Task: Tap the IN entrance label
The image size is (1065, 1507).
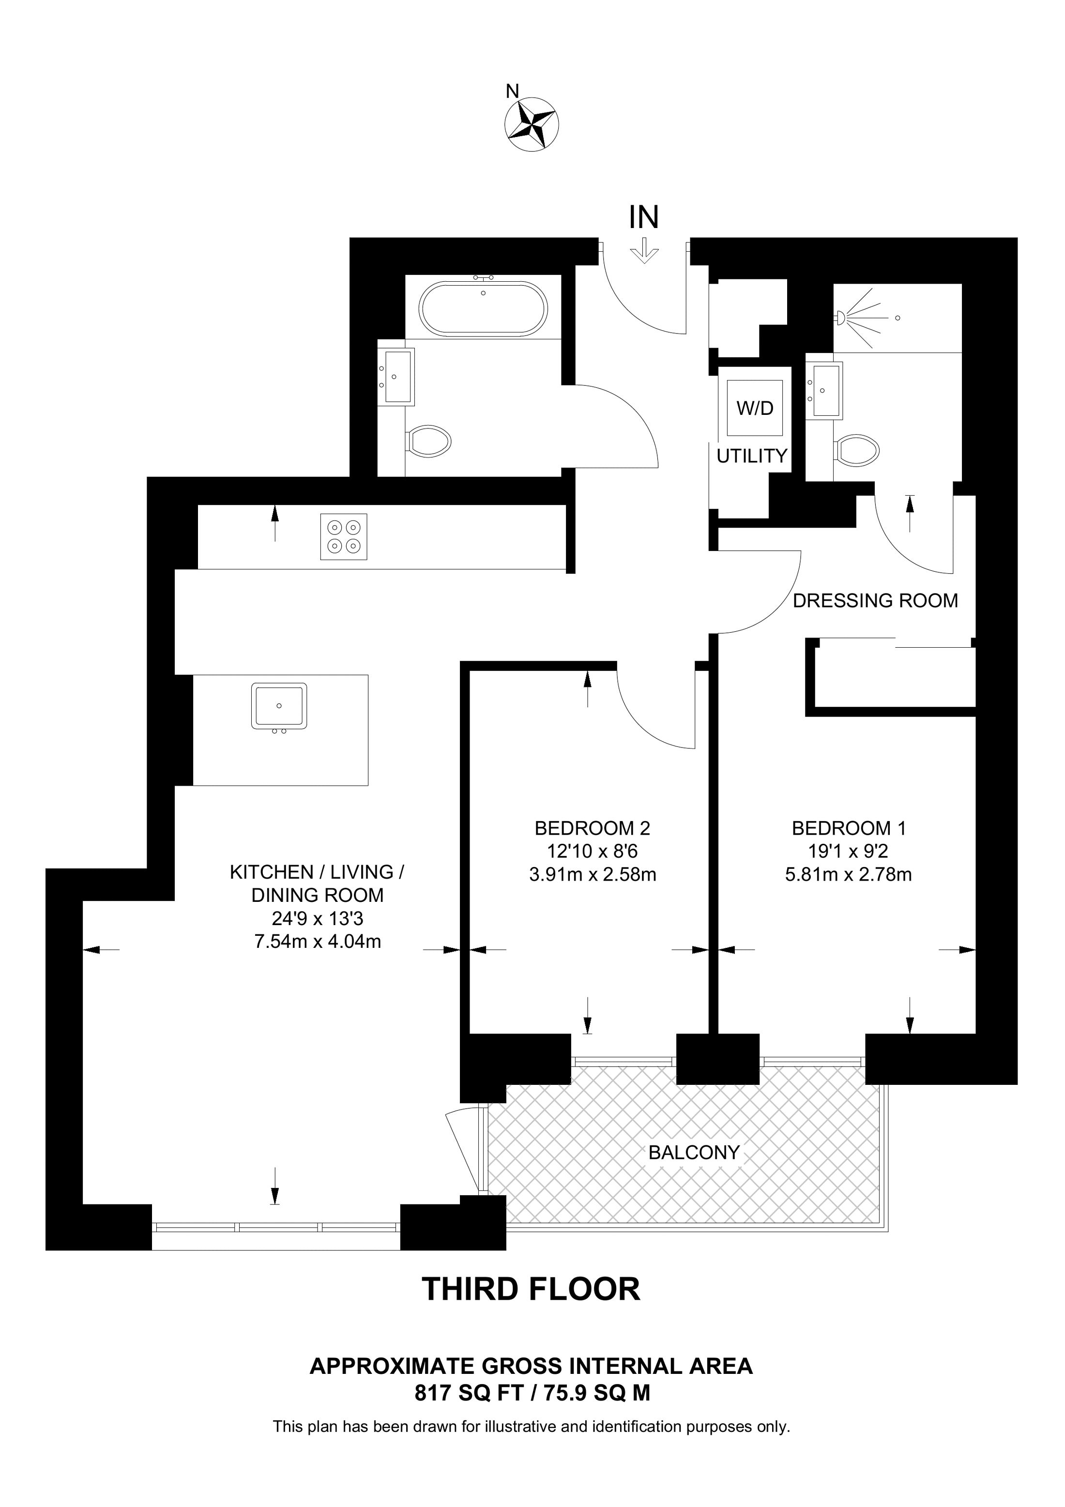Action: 644,217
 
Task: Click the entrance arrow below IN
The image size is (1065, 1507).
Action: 645,251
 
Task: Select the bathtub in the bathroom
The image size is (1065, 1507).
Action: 483,308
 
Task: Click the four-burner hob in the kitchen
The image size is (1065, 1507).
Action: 344,536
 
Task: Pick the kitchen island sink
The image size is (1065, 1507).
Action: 279,706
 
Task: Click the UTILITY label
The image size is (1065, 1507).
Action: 752,456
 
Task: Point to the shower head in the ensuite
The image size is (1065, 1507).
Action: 840,319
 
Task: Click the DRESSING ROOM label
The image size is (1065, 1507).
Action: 875,601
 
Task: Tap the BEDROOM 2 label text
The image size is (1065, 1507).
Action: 593,828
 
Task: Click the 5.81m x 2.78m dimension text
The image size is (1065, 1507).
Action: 849,875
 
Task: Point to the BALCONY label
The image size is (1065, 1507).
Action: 694,1153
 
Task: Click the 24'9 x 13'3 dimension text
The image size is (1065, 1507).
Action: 318,918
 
